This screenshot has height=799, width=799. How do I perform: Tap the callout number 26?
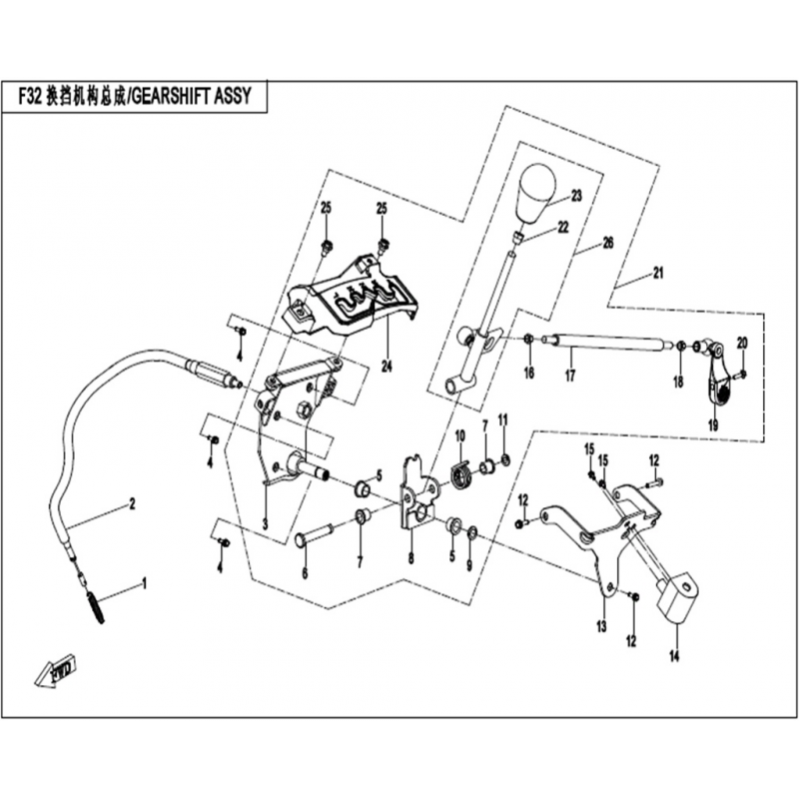point(608,243)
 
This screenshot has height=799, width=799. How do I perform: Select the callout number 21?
point(656,272)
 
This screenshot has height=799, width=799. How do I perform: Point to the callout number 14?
point(673,656)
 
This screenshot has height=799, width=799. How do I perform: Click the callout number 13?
point(602,626)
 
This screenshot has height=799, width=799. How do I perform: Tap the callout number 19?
point(713,424)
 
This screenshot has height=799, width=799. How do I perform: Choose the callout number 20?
point(741,343)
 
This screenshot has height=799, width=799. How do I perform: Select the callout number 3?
point(265,524)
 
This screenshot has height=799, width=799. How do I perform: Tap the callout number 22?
point(563,228)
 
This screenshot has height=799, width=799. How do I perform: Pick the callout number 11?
point(503,417)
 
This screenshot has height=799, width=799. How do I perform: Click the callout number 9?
point(470,565)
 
